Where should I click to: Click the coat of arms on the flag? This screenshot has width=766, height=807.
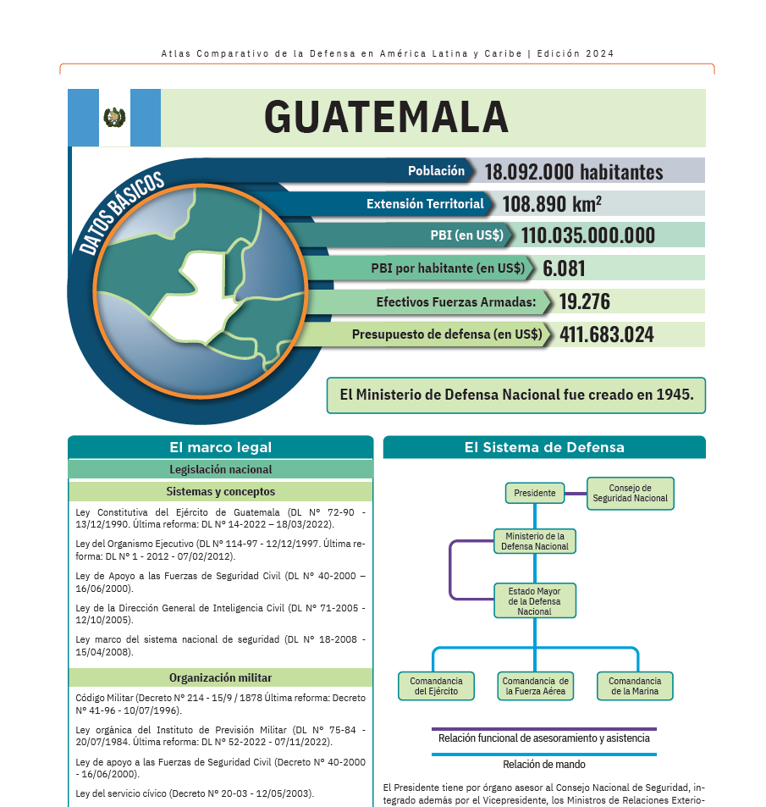coord(114,118)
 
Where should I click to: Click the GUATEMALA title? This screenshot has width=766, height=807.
coord(386,117)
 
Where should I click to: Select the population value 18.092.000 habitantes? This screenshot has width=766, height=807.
coord(573,172)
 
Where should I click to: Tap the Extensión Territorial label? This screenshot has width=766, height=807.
coord(425,204)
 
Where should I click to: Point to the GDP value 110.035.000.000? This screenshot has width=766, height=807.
coord(587,235)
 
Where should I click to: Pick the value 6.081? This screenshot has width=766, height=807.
coord(564,268)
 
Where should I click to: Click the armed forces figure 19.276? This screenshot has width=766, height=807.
coord(584,301)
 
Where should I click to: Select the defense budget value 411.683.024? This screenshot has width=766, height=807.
coord(606,334)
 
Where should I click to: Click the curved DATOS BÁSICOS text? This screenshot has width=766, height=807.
coord(121,213)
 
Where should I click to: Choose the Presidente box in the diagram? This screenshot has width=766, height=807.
coord(534,493)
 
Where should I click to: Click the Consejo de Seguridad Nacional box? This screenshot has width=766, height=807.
coord(630,493)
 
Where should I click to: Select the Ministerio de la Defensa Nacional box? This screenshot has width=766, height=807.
coord(535,541)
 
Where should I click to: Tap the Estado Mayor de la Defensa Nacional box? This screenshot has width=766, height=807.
coord(534,600)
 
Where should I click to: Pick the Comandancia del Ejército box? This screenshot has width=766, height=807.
coord(436,686)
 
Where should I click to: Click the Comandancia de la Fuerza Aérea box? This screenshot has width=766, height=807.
coord(535,686)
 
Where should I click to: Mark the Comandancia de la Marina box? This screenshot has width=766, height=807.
coord(634,686)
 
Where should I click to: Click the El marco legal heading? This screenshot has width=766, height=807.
coord(220,447)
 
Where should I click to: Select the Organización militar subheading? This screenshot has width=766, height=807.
coord(220,677)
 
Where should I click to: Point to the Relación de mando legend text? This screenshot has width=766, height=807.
coord(543,765)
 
